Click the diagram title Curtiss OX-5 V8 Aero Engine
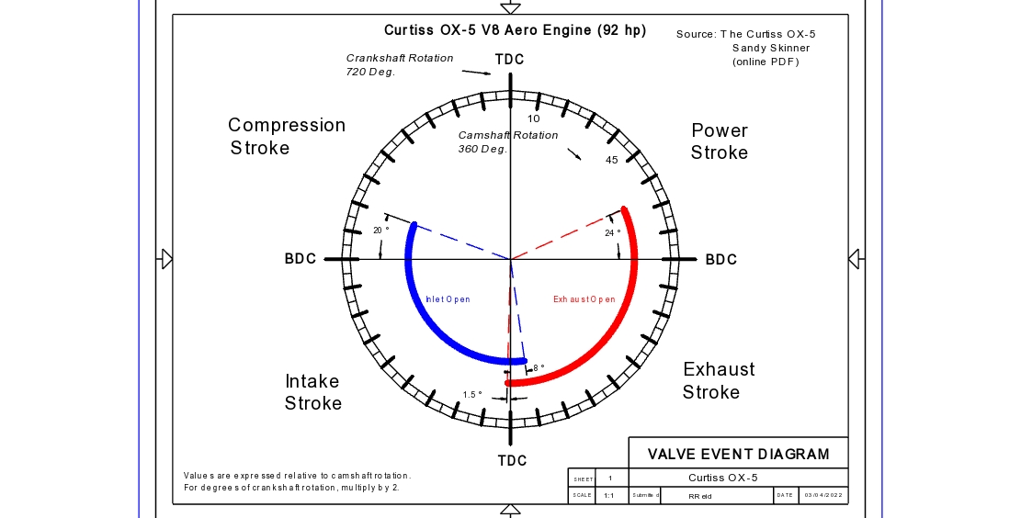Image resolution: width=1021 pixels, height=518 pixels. coord(515,30)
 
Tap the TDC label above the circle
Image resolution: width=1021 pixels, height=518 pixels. coord(510,60)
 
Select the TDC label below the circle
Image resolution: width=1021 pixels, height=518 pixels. coord(512,460)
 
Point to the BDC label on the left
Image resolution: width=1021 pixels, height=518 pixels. coord(301,259)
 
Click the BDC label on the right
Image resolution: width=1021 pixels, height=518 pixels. coord(721,260)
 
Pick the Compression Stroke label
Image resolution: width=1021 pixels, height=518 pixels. coord(286,136)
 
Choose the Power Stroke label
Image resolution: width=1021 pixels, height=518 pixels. coord(720,141)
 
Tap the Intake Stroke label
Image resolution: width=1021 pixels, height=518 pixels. coord(312,392)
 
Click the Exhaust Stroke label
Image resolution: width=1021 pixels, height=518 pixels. coord(718,380)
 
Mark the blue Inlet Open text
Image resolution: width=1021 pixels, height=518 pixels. coord(448,299)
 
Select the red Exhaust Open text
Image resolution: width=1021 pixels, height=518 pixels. coord(584,299)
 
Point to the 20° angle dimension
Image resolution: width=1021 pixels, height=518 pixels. coord(380,231)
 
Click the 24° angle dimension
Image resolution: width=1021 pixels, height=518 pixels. coord(613,233)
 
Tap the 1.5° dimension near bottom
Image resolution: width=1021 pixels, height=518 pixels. coord(472,395)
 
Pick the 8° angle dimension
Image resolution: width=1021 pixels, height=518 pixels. coord(539,367)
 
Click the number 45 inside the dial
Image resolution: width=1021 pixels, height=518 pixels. coord(611,161)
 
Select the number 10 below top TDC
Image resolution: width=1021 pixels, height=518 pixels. coord(534,118)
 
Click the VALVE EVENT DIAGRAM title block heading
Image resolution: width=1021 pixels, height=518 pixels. coord(738,454)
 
